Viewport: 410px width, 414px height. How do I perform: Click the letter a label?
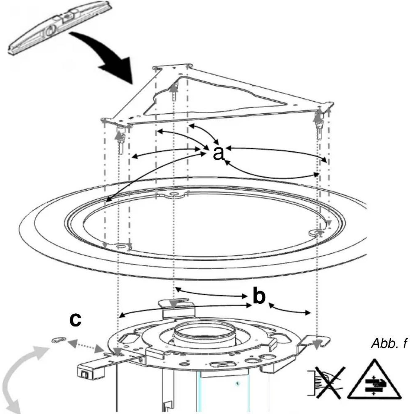(219, 153)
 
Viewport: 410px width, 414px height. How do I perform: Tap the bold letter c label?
(76, 320)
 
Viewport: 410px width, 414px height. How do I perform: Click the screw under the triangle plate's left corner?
(121, 140)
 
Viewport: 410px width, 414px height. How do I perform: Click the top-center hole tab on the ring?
(173, 195)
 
